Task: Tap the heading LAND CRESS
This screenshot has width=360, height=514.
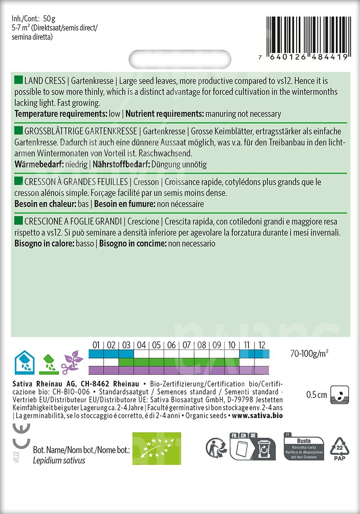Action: coord(45,81)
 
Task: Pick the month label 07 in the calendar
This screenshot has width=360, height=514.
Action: coord(186,345)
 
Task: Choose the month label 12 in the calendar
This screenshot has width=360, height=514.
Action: coord(262,345)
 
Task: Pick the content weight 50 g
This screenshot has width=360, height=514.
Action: coord(50,18)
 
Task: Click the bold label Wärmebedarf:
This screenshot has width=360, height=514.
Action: coord(39,164)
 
